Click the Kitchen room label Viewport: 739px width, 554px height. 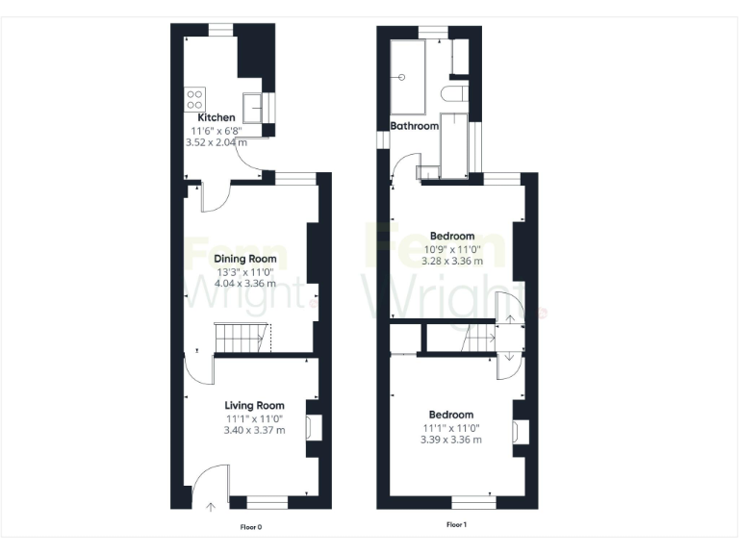coord(216,117)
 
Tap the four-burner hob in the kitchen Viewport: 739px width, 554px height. coord(195,98)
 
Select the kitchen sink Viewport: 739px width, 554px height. coord(256,103)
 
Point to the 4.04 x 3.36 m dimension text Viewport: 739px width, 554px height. coord(244,284)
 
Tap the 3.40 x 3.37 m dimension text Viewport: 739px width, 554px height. coord(254,431)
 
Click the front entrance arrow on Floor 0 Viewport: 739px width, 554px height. coord(211,505)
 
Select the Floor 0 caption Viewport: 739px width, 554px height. coord(251,527)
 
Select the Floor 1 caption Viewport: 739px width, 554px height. coord(457,525)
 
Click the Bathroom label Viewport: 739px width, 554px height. coord(414,126)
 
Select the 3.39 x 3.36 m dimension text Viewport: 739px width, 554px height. coord(451,441)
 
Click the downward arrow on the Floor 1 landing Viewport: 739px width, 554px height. coord(509,359)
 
